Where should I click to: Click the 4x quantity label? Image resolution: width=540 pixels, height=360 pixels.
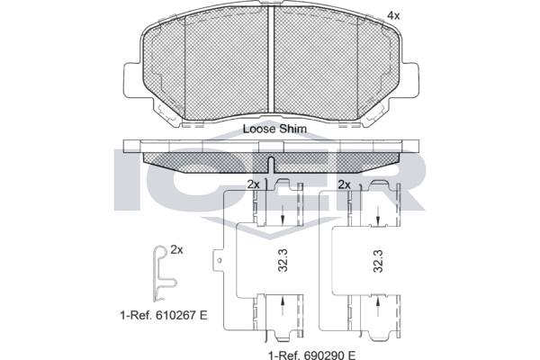(x=393, y=16)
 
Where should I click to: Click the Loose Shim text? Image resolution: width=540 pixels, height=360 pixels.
(x=274, y=129)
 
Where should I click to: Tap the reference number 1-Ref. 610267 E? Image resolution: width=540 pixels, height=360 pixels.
(x=164, y=315)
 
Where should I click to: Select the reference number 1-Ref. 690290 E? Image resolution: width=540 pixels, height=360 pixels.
(x=311, y=354)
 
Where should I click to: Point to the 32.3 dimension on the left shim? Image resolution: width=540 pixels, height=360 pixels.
(x=283, y=261)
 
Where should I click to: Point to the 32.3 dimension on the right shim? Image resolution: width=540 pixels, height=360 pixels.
(x=379, y=261)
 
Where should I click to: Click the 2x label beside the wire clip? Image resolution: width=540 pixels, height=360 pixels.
(x=177, y=250)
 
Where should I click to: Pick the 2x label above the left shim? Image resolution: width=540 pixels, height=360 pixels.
(x=253, y=184)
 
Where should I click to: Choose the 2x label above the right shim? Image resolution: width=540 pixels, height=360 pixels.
(x=345, y=184)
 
